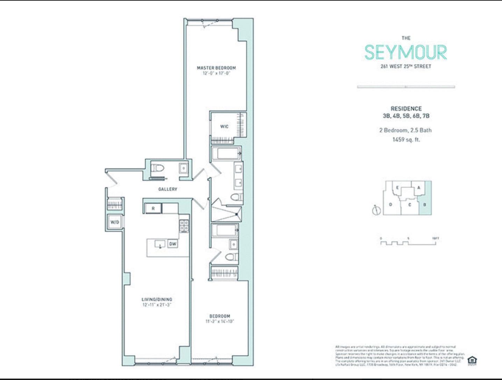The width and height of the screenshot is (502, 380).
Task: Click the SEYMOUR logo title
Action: point(406,52)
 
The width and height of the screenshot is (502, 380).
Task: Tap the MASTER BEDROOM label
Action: point(216,68)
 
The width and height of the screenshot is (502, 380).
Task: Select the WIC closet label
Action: point(224,126)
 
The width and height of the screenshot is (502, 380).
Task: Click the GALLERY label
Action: point(168,189)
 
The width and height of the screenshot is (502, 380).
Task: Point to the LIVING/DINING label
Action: point(157,300)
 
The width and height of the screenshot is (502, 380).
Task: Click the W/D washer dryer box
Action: point(115,222)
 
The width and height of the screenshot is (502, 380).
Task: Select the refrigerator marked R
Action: point(153,209)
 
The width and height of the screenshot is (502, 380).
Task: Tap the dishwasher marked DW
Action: point(173,244)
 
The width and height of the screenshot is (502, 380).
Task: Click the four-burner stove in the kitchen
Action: point(184,226)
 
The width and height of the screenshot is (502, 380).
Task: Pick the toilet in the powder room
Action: point(158,168)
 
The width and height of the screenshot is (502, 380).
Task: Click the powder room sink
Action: point(184,168)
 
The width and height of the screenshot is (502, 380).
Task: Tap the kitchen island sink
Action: point(160,244)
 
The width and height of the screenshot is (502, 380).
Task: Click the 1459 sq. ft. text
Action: point(406,140)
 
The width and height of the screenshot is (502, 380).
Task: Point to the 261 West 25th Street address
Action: point(406,66)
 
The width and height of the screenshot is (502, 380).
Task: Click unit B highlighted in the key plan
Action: point(425,204)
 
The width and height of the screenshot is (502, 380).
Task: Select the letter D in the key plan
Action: point(390,204)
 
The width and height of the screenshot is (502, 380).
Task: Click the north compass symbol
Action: point(376,210)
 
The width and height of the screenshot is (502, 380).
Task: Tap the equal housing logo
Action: point(472,360)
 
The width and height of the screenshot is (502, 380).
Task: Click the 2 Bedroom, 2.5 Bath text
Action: point(406,130)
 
